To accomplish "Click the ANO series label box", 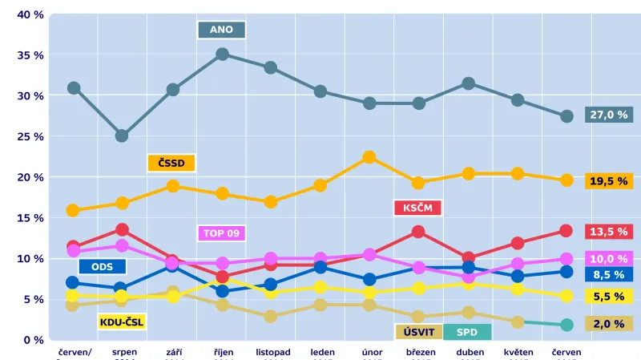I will point(221,30).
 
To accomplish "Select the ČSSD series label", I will point(171,163).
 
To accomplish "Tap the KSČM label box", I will point(418,208).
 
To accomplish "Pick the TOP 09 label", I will point(221,233).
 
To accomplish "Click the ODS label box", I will point(102,267).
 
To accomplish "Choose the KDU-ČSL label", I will point(121,322).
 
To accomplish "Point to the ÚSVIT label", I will point(418,332).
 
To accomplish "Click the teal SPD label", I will point(466,332).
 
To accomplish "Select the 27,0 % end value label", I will point(609,115).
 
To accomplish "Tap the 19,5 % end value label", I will point(609,181).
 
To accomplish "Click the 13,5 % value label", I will point(609,232).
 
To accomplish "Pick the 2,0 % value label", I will point(609,323).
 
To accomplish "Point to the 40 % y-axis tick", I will point(30,15).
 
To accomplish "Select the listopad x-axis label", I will point(273,352).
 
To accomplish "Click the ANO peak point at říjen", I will point(223,55).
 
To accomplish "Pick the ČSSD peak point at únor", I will point(369,157).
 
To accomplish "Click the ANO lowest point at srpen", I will point(122,136).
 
